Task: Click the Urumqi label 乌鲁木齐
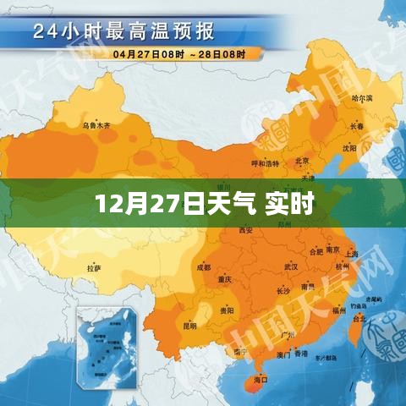click(96, 126)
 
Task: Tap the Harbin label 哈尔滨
click(362, 99)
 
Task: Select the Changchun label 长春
click(356, 126)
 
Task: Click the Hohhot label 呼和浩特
click(265, 163)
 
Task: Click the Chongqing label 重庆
click(224, 279)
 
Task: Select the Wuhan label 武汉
click(291, 266)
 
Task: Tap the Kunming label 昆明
click(189, 326)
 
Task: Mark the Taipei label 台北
click(359, 320)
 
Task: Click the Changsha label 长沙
click(283, 291)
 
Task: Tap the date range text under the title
click(177, 54)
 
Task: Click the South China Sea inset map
click(109, 347)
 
